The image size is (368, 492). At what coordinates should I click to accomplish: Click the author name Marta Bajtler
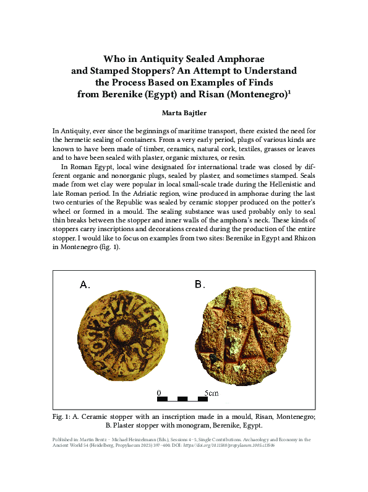[x=184, y=113]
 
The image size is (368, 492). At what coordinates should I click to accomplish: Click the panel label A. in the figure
[x=85, y=285]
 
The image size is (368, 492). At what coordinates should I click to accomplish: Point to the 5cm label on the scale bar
[x=212, y=393]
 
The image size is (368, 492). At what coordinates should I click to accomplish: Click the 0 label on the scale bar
[x=158, y=393]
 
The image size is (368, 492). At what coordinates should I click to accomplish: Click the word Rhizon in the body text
[x=302, y=237]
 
